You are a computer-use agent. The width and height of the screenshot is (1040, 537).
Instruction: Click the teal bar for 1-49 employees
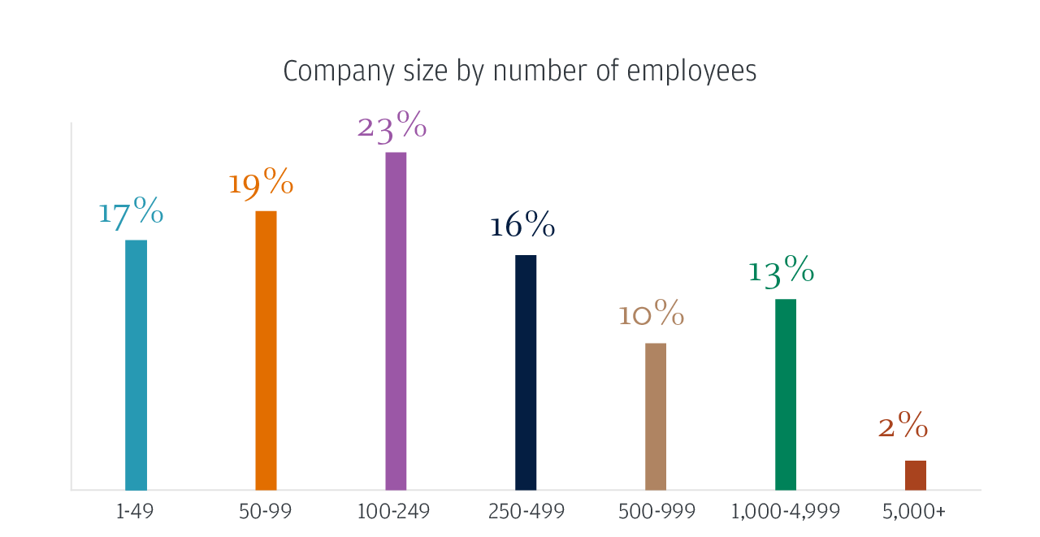[x=136, y=365]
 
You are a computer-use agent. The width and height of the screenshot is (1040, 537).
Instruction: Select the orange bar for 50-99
[x=266, y=350]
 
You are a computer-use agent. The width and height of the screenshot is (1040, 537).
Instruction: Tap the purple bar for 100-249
[x=396, y=321]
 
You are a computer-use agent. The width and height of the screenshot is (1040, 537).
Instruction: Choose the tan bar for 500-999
[x=655, y=416]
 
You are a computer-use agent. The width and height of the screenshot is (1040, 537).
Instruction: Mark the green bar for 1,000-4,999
[x=785, y=394]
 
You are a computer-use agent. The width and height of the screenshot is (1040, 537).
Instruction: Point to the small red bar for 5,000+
[x=915, y=475]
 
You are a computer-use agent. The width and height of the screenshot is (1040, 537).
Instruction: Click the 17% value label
[x=131, y=213]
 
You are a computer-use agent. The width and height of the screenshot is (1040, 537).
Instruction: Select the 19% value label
[x=261, y=184]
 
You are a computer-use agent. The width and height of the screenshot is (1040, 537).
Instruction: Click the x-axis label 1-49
[x=136, y=512]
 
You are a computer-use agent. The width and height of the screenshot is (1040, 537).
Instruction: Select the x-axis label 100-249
[x=393, y=512]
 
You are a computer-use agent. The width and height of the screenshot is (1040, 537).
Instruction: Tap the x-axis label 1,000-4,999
[x=785, y=512]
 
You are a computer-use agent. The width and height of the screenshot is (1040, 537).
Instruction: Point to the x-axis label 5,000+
[x=914, y=512]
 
